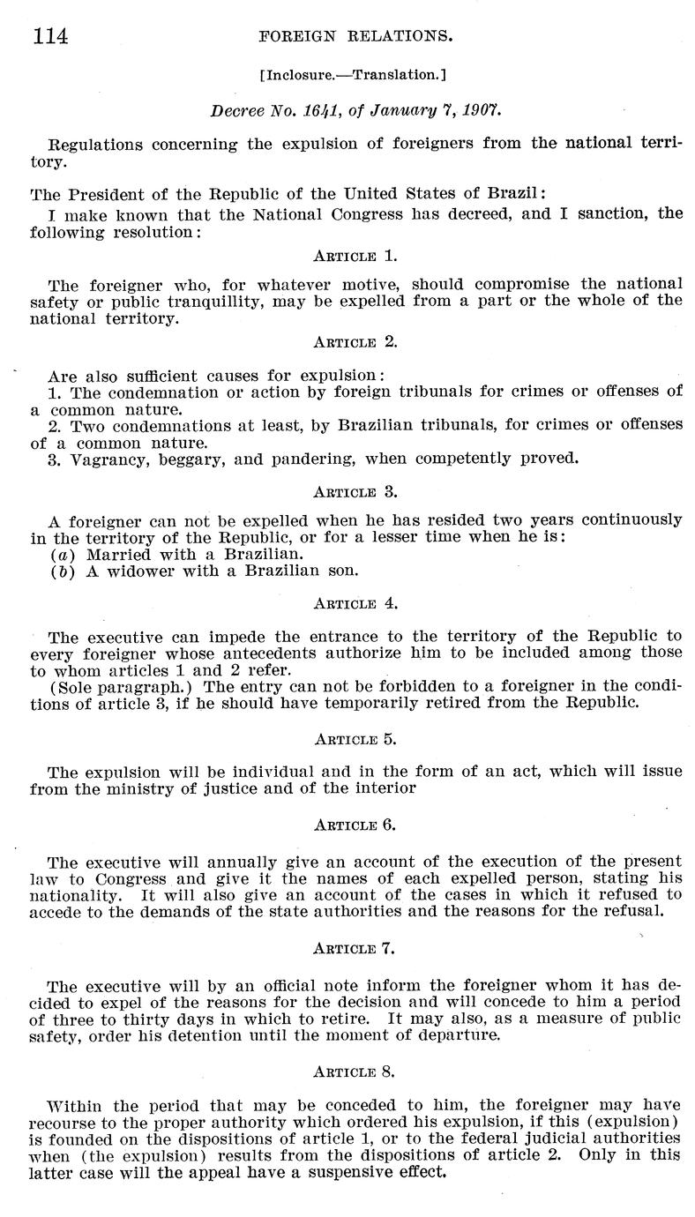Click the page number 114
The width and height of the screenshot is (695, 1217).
tap(49, 35)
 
